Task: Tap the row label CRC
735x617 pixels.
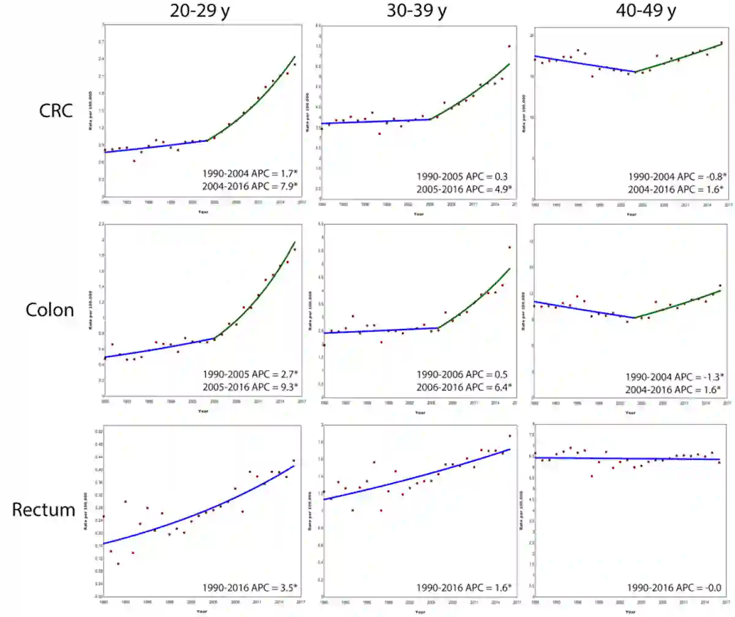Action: point(55,111)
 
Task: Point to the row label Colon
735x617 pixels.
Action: point(50,309)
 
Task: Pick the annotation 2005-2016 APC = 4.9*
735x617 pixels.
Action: point(464,188)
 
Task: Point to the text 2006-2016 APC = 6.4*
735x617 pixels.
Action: point(464,387)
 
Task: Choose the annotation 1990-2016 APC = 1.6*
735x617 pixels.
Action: point(464,588)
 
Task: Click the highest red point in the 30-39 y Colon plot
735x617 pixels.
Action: point(509,248)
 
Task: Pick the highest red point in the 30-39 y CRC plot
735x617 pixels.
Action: point(509,46)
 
